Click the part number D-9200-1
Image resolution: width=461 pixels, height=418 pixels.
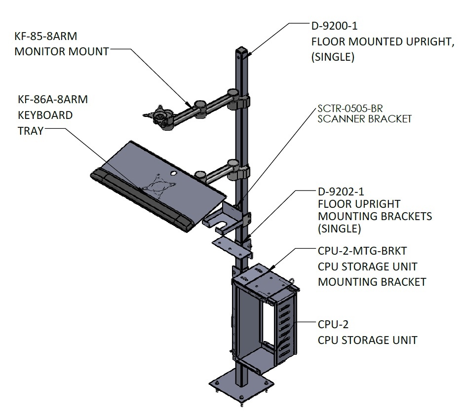pyautogui.click(x=335, y=26)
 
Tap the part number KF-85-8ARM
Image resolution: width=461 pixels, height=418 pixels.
pyautogui.click(x=46, y=36)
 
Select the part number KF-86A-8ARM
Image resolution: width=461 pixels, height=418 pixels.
pyautogui.click(x=53, y=99)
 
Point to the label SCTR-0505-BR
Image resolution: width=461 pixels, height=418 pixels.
pyautogui.click(x=350, y=109)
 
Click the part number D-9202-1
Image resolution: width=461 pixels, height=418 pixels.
pyautogui.click(x=341, y=191)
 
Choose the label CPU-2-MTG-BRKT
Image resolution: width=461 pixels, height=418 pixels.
pyautogui.click(x=362, y=251)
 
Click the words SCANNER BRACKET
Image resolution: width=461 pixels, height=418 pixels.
pyautogui.click(x=365, y=119)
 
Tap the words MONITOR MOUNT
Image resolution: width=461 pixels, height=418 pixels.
pyautogui.click(x=62, y=52)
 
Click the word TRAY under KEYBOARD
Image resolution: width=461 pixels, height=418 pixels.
pyautogui.click(x=31, y=131)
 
